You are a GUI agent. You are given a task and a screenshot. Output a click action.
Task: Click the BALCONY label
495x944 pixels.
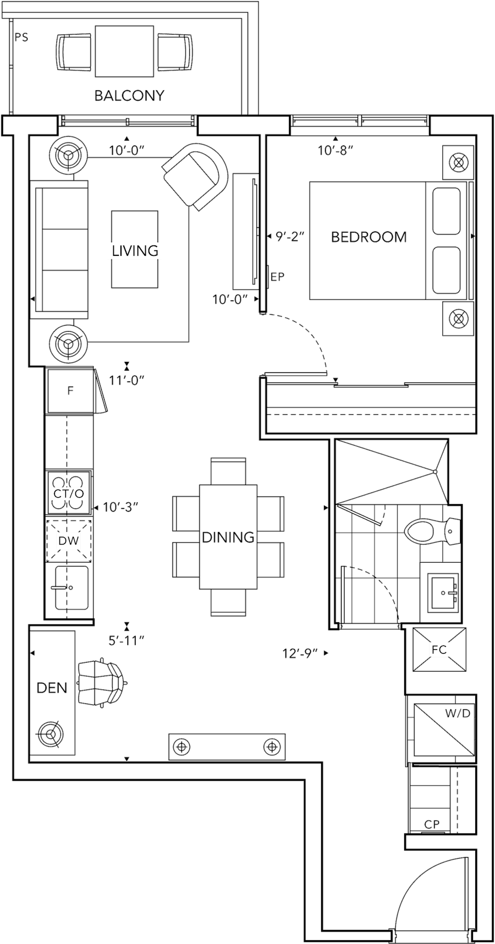pos(129,96)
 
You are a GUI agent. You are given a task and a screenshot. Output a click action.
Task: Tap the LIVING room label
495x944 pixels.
pos(135,251)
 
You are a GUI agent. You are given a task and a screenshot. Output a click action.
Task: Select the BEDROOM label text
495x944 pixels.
pos(369,237)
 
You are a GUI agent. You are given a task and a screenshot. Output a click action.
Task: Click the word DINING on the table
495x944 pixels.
pos(228,537)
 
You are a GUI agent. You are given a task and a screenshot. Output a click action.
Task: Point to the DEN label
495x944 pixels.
pos(52,688)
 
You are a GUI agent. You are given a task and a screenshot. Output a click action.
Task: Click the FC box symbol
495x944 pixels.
pos(439,649)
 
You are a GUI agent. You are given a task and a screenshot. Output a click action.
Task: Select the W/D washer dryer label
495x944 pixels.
pos(458,714)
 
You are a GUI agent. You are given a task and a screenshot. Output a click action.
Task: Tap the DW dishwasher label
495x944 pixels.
pos(69,541)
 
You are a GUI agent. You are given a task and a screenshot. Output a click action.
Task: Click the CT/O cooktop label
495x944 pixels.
pos(69,494)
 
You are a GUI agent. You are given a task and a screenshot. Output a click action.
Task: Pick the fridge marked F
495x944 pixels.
pos(70,391)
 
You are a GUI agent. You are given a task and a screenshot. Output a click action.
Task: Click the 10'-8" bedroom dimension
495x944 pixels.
pos(335,150)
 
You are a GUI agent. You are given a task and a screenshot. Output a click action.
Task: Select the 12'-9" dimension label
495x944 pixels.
pos(300,654)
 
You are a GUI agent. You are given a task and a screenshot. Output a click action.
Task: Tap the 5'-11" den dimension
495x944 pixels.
pos(127,640)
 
